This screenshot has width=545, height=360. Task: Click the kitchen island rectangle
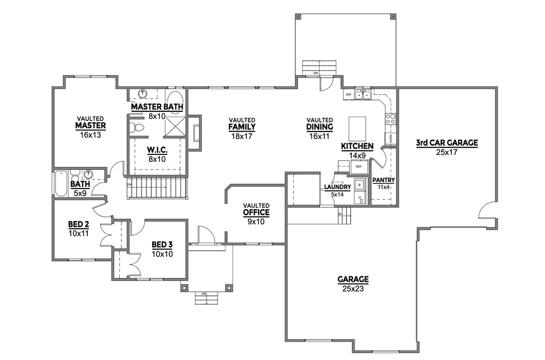coord(358,128)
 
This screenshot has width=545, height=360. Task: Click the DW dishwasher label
coord(349,94)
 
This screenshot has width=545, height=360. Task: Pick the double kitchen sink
coord(364,95)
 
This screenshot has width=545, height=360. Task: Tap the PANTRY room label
coord(383,180)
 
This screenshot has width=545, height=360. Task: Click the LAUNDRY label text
coord(337,187)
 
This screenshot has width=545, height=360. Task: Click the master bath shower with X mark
coord(175,127)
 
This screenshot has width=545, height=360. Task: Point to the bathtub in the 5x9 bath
coord(60,183)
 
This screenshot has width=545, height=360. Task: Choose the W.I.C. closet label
coord(157,151)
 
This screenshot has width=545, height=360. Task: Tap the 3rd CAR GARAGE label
coord(447,143)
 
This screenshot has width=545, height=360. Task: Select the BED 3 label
coord(161,244)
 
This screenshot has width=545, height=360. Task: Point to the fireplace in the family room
coord(196,132)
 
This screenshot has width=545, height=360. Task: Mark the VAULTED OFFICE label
coord(256,212)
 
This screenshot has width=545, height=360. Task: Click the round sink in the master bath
coord(143,94)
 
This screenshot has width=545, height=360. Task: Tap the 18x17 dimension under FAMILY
coord(242,136)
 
